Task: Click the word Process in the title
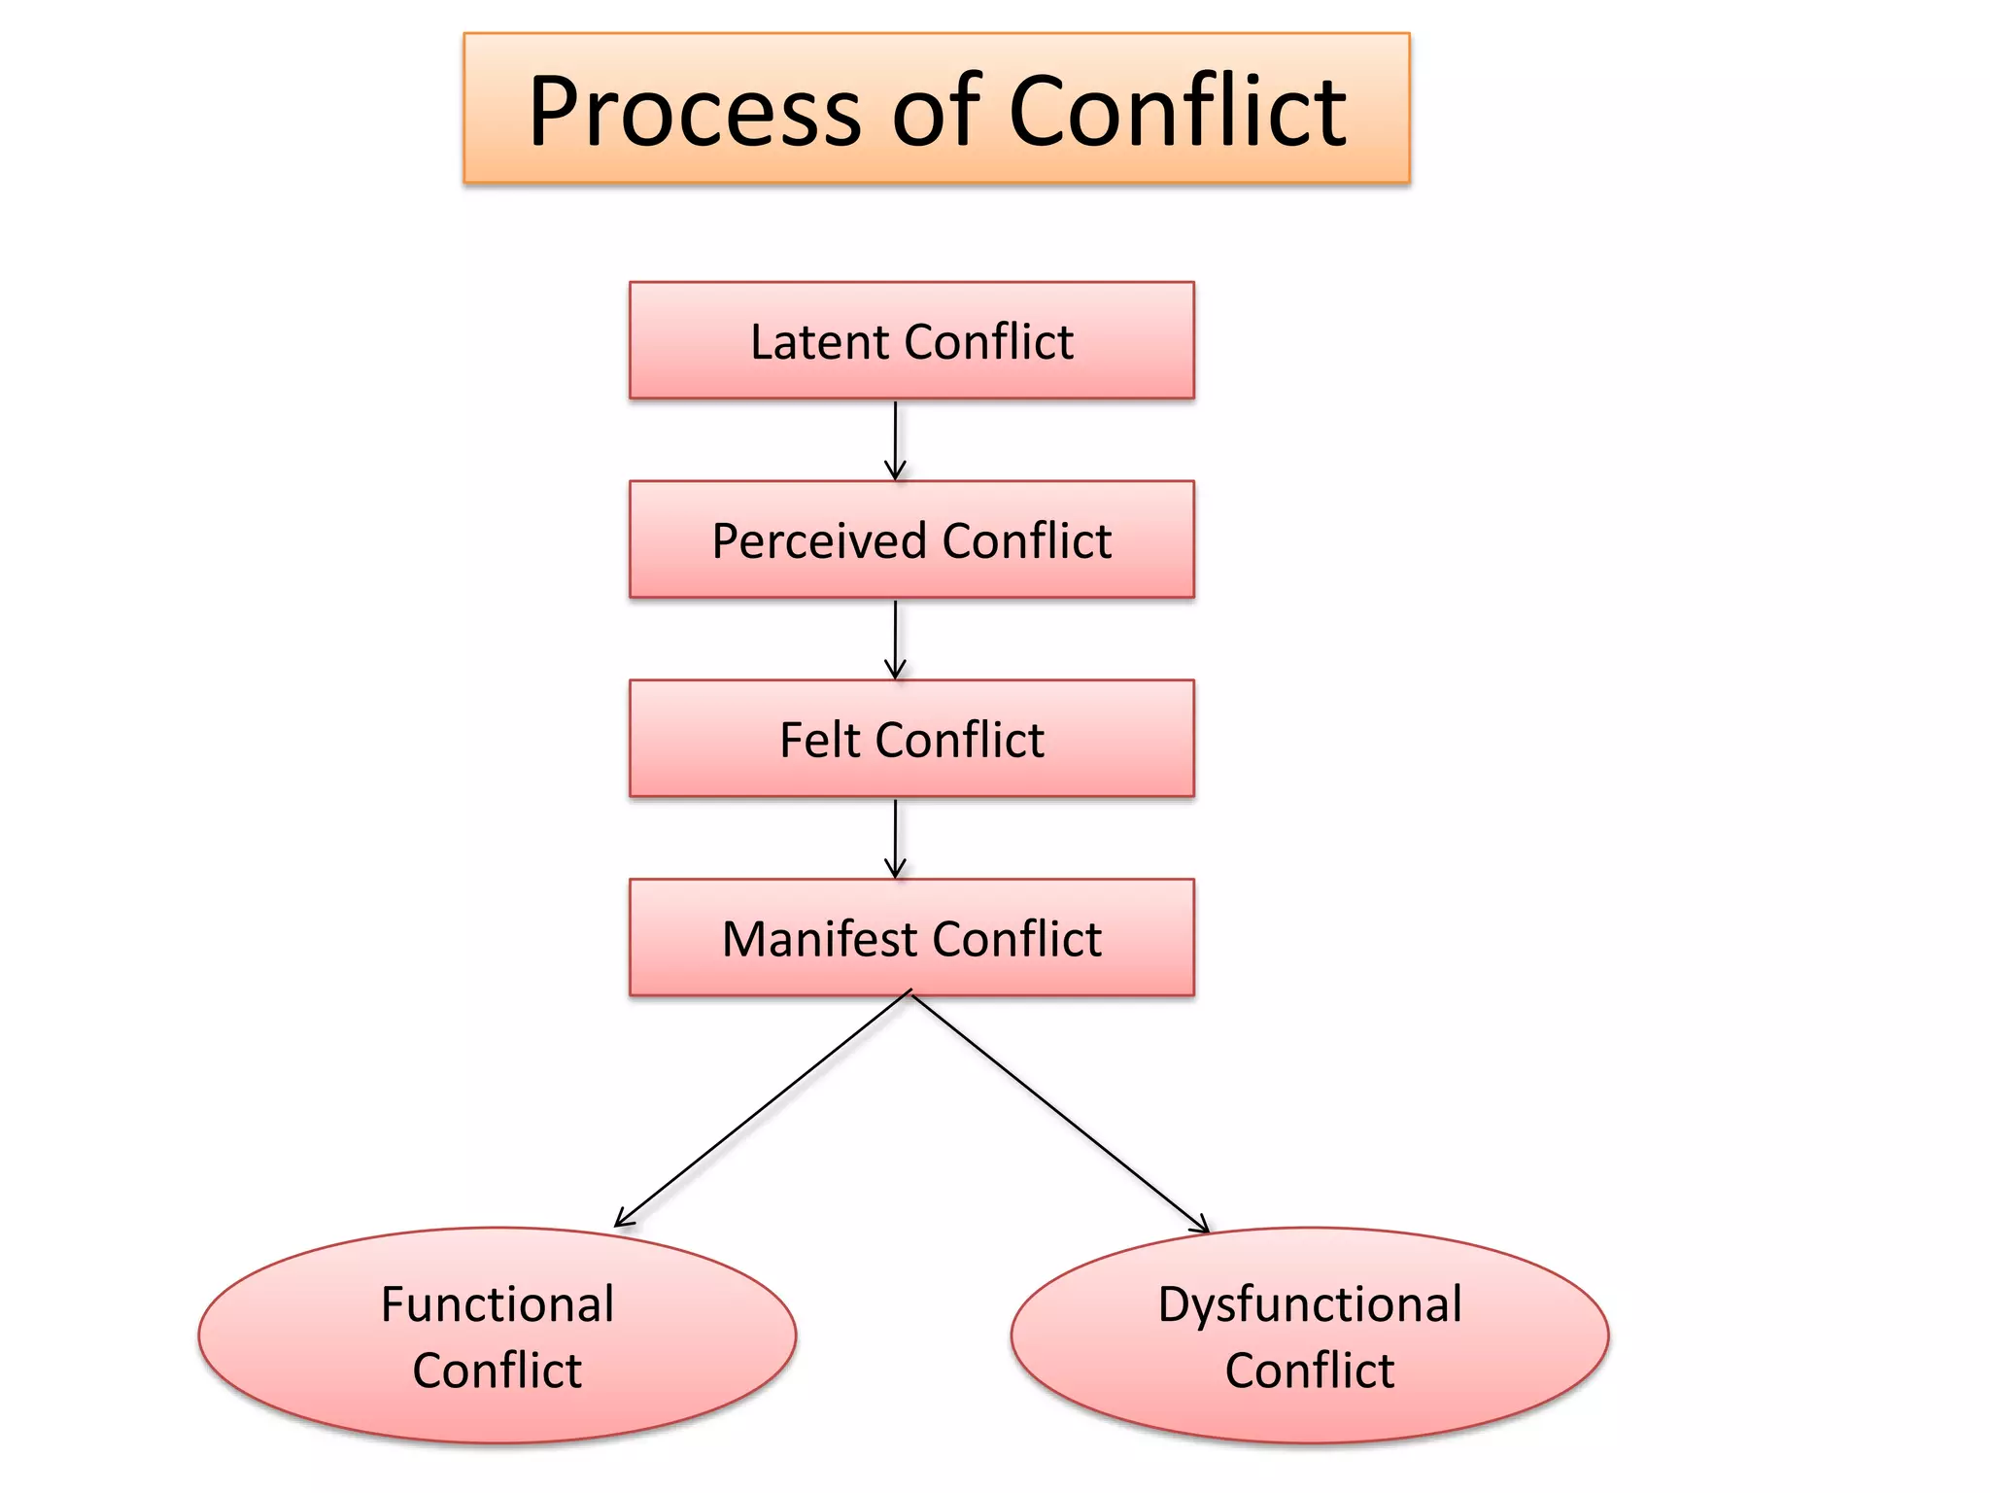pos(695,112)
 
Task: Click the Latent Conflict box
pos(911,340)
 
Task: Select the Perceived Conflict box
pos(911,539)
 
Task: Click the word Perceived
pos(818,541)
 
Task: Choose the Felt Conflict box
pos(911,739)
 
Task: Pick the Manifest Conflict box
pos(911,938)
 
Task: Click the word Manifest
pos(818,939)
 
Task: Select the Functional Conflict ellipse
pos(497,1336)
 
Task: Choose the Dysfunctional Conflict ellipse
pos(1309,1336)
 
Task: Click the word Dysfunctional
pos(1309,1303)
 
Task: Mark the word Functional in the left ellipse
pos(497,1303)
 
